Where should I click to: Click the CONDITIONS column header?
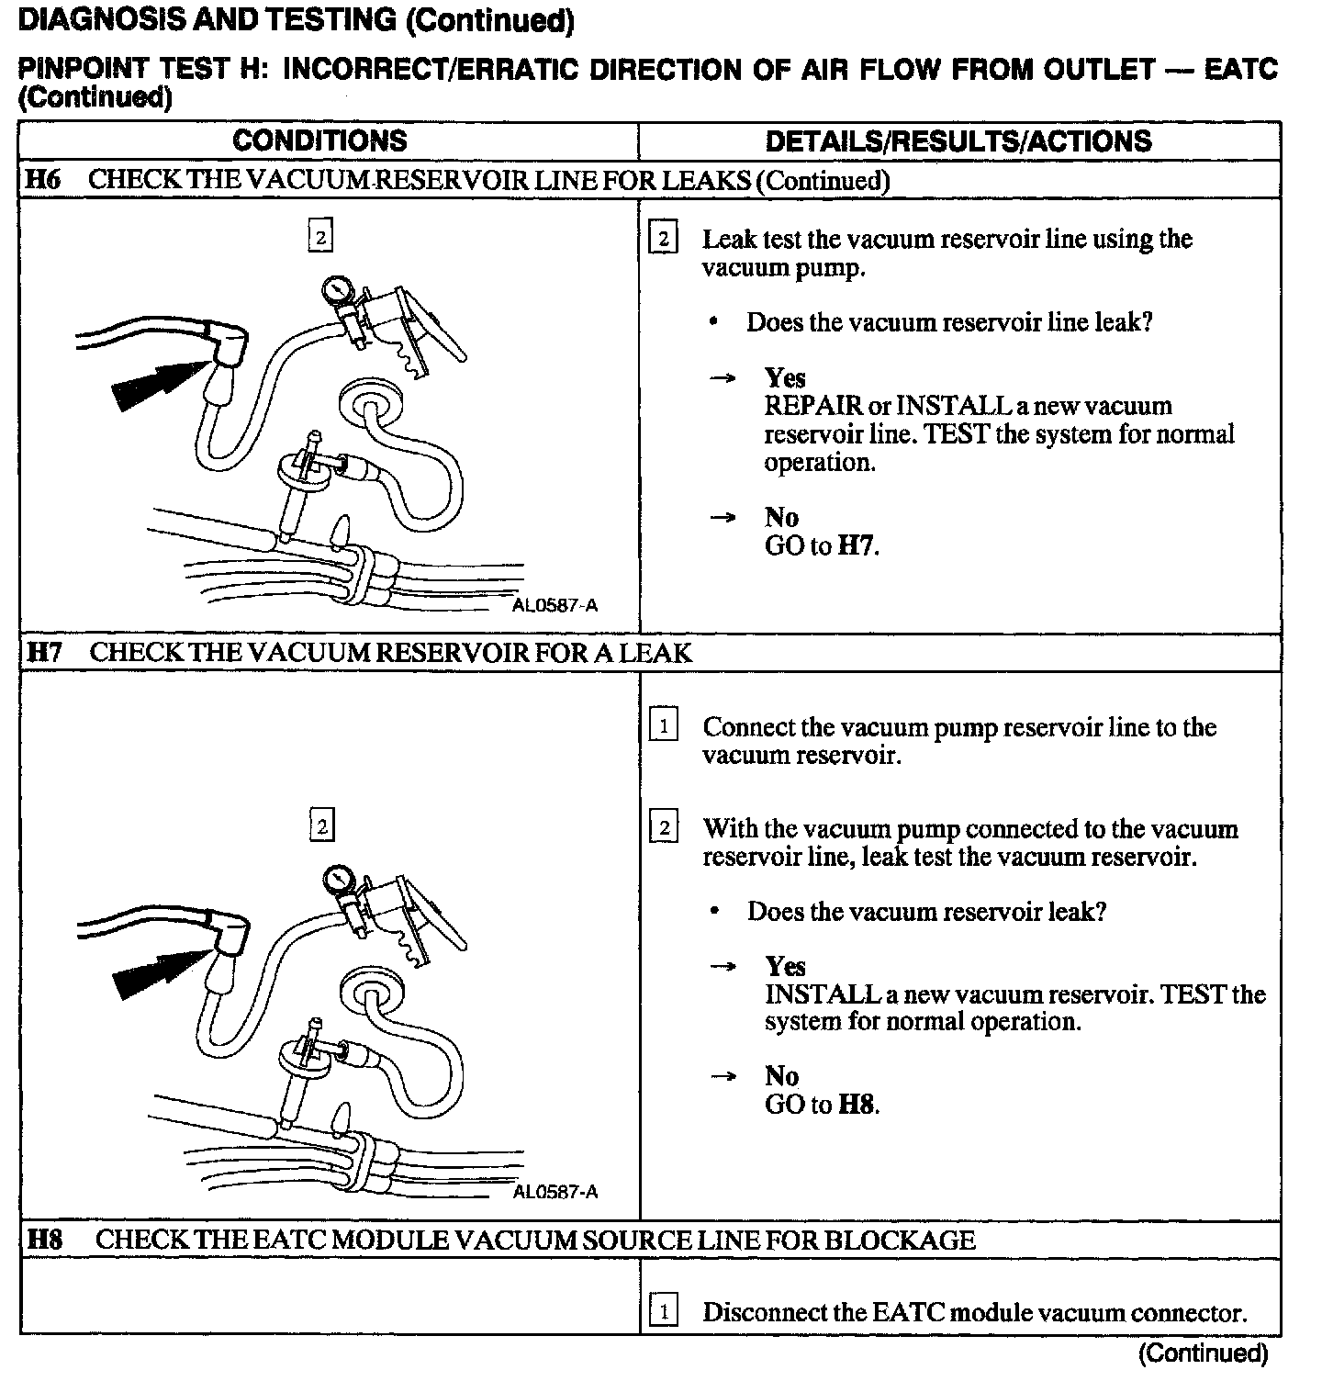(319, 140)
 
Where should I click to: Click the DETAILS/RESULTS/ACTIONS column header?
(958, 140)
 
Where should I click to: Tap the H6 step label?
(43, 180)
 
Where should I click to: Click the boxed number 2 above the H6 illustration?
(319, 236)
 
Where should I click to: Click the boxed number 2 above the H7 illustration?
(321, 825)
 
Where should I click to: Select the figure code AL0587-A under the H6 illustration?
(555, 605)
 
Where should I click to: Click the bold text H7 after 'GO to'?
(857, 546)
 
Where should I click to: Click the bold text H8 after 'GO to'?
(857, 1105)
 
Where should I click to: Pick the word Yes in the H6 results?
(785, 377)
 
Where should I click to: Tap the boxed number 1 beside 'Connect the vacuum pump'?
(663, 726)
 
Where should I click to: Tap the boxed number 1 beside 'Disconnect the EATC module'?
(663, 1312)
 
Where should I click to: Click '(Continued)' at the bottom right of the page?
(1203, 1353)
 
